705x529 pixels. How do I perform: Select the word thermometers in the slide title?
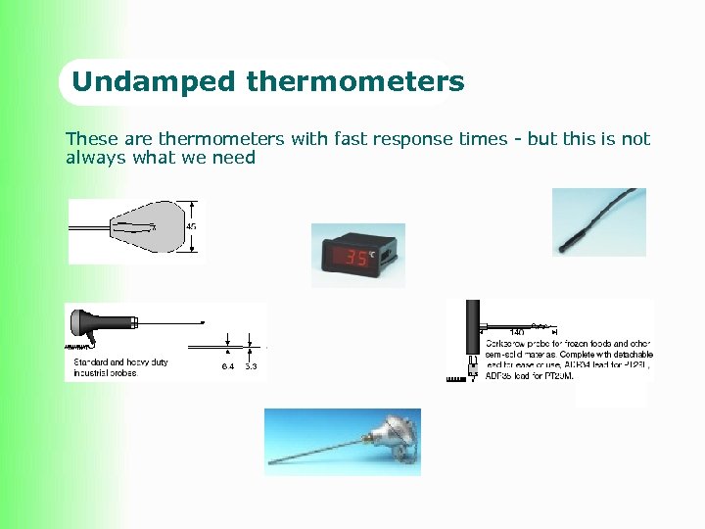point(355,81)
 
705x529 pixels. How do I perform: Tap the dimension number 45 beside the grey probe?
point(192,227)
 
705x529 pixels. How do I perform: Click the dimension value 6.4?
point(227,366)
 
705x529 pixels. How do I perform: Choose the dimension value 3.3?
point(251,366)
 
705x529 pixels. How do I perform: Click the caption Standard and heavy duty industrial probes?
point(120,367)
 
